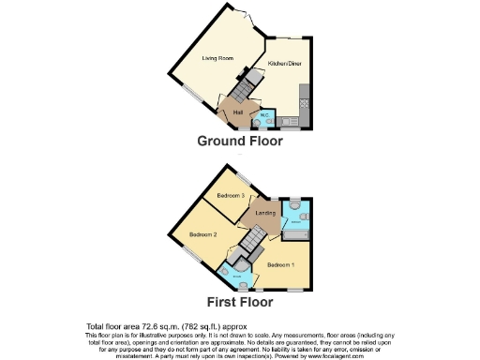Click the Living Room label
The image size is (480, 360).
tap(218, 58)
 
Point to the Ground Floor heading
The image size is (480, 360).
tap(239, 142)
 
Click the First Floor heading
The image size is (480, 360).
tap(239, 302)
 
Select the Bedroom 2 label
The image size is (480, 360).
tap(202, 233)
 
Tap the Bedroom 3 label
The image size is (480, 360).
tap(231, 195)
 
